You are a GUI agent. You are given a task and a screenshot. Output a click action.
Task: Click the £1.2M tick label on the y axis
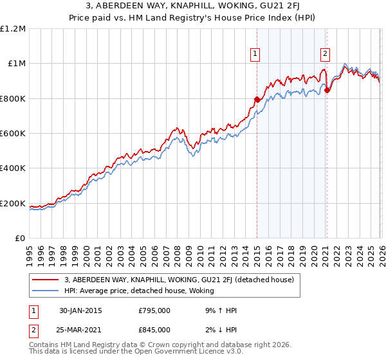tap(13, 29)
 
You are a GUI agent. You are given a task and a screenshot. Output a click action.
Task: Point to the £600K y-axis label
tap(13, 134)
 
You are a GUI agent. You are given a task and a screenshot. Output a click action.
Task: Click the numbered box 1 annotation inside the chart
tap(256, 55)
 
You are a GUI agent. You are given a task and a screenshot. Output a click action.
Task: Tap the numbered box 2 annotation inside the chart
tap(326, 55)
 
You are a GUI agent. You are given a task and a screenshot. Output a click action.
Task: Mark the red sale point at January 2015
tap(257, 100)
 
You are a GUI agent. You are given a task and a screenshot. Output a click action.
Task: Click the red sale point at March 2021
tap(327, 91)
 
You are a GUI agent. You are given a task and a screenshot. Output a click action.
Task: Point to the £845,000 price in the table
tap(154, 329)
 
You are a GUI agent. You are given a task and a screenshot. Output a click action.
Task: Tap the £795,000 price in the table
tap(154, 310)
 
